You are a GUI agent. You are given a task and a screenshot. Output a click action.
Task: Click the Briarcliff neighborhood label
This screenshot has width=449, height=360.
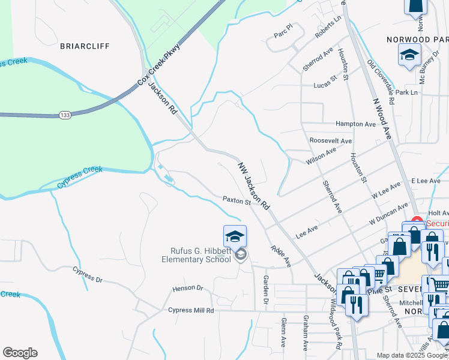(84, 46)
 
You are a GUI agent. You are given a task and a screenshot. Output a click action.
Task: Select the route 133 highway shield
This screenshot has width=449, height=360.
(65, 113)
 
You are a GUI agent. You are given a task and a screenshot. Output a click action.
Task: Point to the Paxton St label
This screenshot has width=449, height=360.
(237, 200)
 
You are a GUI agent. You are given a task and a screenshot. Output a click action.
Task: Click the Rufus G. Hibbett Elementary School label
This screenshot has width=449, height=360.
(196, 256)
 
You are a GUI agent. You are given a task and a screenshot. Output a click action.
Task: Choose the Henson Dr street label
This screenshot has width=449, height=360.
(188, 289)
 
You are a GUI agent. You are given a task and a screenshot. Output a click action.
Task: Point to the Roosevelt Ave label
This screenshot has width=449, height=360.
(330, 140)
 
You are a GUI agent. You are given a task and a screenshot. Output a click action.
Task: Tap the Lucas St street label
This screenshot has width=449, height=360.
(326, 86)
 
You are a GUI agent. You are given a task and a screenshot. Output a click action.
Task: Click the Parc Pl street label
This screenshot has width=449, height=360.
(282, 28)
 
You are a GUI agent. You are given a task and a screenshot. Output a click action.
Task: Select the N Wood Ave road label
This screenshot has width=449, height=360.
(382, 119)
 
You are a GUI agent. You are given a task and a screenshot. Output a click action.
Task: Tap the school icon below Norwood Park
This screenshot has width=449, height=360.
(410, 56)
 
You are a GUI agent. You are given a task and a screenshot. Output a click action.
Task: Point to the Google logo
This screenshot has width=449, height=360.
(20, 353)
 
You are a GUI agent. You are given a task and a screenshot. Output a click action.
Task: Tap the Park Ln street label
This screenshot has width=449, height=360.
(406, 93)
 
